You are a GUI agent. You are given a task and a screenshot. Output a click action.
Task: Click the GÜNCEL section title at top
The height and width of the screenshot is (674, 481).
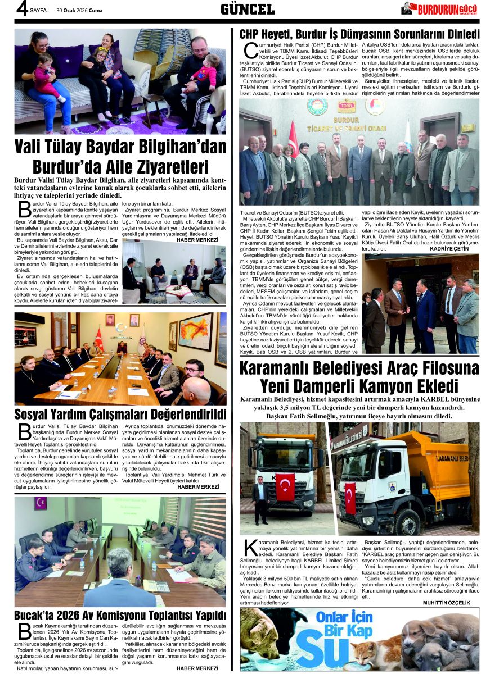coord(248,8)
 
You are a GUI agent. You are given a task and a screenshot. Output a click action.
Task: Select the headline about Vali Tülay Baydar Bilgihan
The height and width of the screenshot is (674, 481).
coord(120,158)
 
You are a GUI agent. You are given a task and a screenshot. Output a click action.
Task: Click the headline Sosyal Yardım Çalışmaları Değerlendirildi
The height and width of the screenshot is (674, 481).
coord(120,415)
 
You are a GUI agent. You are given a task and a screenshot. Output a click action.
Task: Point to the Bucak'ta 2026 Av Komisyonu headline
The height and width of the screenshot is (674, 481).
coord(120,614)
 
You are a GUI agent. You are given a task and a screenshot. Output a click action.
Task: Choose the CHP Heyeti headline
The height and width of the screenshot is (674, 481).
coord(359,34)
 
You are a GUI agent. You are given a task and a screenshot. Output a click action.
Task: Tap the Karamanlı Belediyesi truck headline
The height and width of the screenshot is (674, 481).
coord(359,377)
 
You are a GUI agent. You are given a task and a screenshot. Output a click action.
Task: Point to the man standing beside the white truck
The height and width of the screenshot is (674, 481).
coord(260,499)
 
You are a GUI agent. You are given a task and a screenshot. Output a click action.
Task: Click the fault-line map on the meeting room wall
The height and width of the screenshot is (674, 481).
coord(195,332)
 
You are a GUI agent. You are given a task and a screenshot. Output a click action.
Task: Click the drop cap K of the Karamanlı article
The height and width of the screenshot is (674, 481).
coord(250,550)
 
